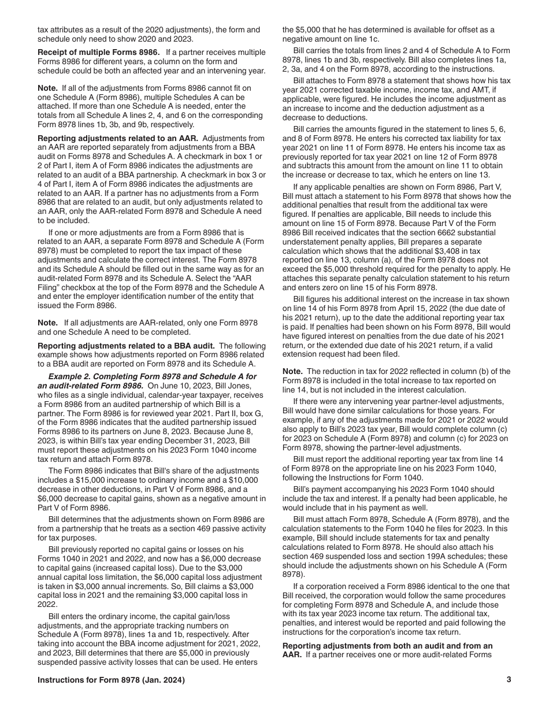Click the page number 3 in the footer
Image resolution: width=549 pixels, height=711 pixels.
click(509, 680)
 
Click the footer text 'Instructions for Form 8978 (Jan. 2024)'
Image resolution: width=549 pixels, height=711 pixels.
click(111, 680)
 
